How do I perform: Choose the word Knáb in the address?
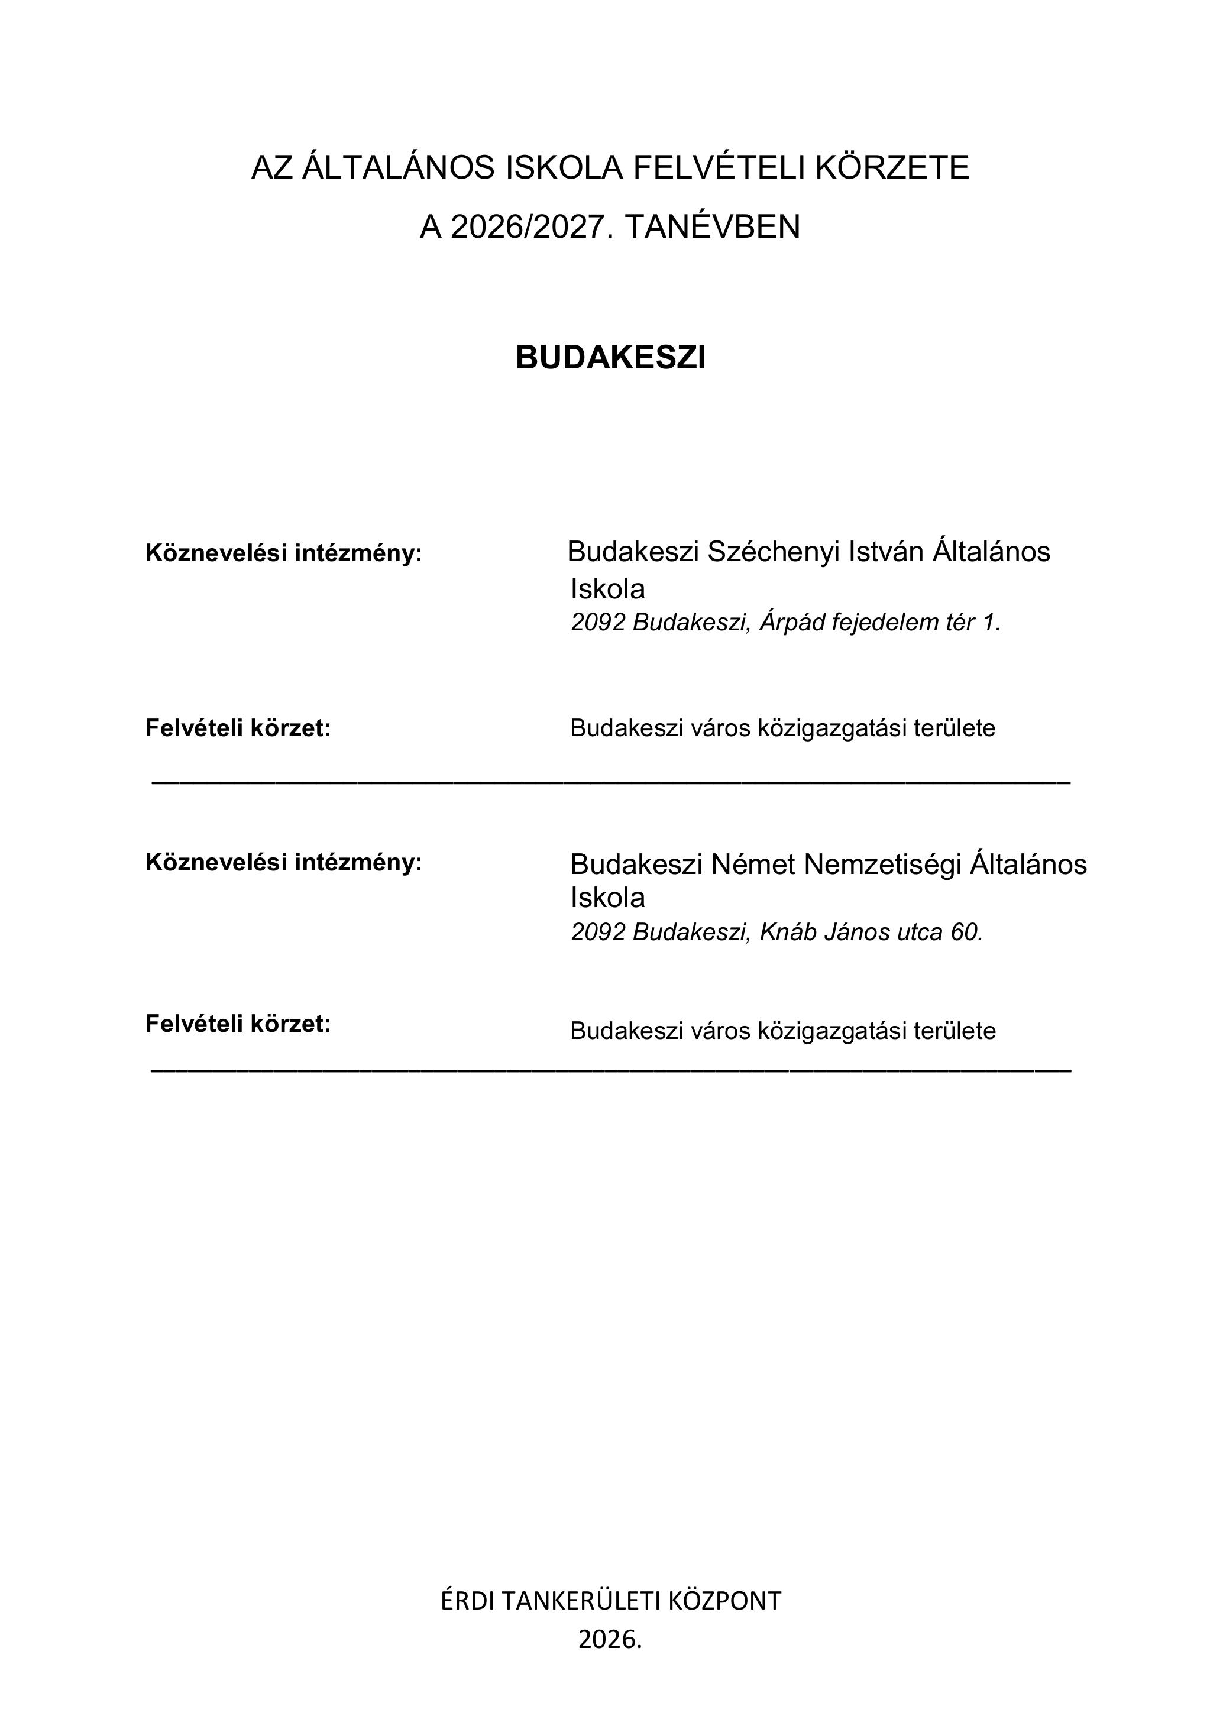pos(788,933)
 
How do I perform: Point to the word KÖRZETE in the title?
pos(892,167)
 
